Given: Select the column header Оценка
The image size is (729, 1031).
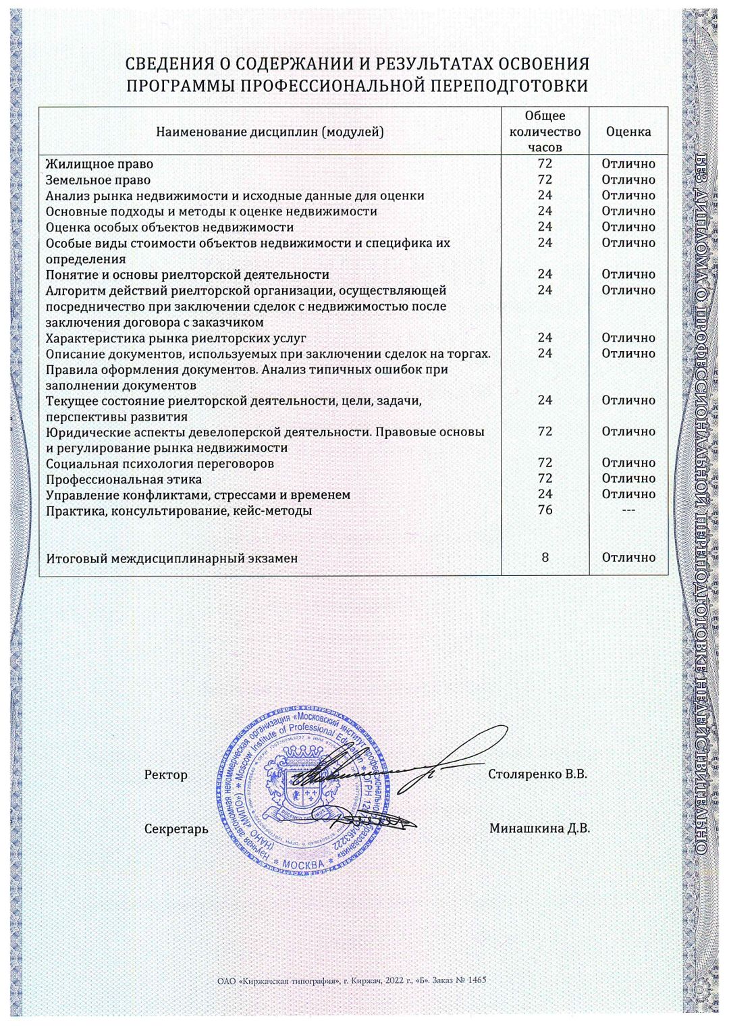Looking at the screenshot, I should (628, 132).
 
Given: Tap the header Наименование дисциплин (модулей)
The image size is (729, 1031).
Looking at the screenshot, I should (270, 132).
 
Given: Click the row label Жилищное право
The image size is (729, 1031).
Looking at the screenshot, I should (99, 164).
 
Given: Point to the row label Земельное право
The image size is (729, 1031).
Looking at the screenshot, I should (98, 180).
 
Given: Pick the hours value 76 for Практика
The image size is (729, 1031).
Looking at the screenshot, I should (545, 510).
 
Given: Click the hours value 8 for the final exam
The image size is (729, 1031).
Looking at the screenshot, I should (545, 558).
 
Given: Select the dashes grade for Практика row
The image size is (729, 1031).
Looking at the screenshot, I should (628, 510).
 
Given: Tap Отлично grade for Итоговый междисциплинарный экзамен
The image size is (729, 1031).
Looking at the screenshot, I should (628, 558).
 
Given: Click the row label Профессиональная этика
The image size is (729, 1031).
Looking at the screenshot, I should (124, 479).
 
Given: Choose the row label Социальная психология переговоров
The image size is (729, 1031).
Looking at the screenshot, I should (160, 464).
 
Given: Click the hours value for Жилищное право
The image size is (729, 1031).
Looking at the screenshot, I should (545, 164).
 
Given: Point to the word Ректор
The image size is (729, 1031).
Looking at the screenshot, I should (166, 775).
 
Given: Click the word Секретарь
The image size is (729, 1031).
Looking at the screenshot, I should (176, 829).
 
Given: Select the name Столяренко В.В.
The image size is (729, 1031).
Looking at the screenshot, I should (537, 774).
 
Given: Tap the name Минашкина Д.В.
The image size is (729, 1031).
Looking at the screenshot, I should (539, 828).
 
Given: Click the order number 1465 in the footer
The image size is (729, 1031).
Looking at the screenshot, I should (476, 980).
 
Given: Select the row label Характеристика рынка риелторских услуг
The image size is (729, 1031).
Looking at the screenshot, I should (175, 338).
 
